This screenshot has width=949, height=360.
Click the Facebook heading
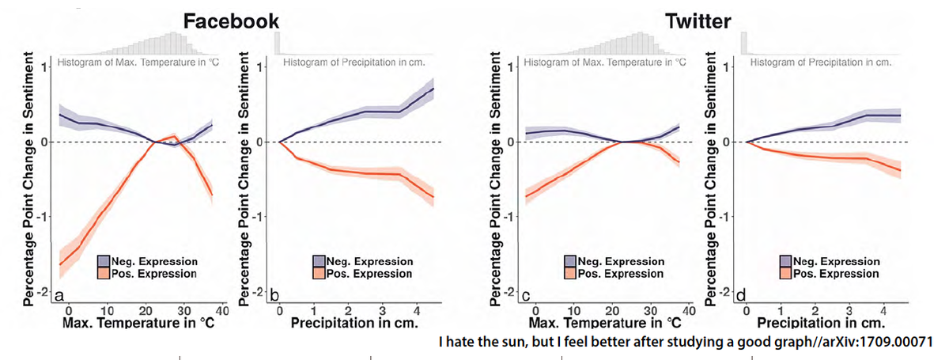click(x=231, y=21)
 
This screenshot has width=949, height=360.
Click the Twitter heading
click(x=699, y=21)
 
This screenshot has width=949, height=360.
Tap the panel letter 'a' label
click(x=59, y=295)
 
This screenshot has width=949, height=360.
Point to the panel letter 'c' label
click(x=525, y=295)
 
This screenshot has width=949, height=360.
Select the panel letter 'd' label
click(x=739, y=295)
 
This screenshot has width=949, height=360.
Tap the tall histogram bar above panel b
click(x=277, y=44)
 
